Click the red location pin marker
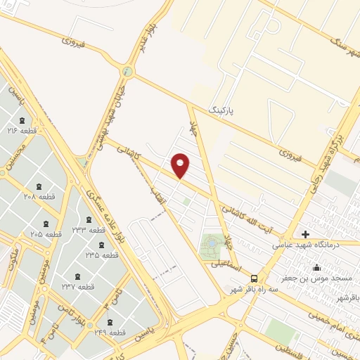[181, 166]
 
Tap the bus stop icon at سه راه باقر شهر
[254, 278]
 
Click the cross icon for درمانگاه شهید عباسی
[305, 234]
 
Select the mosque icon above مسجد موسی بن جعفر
[317, 267]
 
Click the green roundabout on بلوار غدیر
[127, 71]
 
